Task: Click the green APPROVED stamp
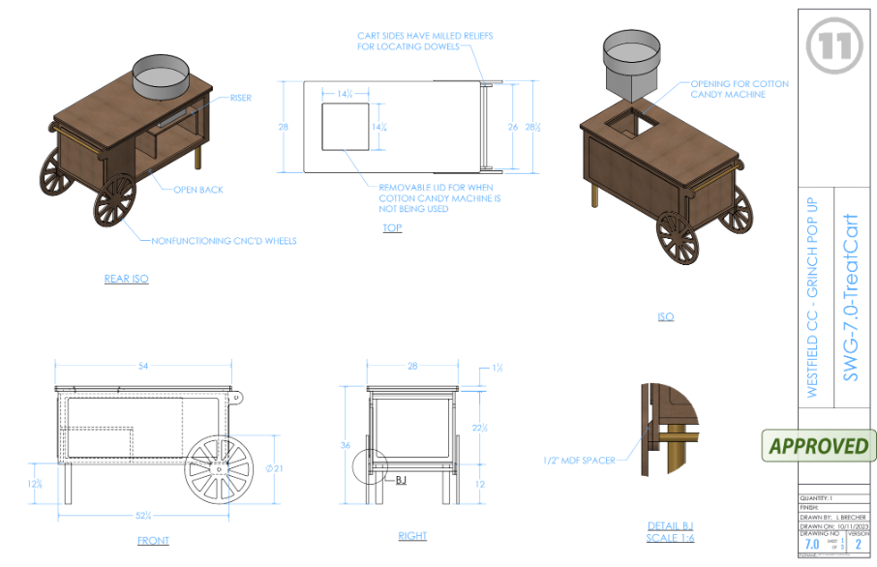pos(818,446)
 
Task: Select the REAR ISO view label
pos(127,279)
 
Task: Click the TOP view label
pos(392,228)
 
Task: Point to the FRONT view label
pos(153,541)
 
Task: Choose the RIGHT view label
pos(412,536)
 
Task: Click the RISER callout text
pos(240,98)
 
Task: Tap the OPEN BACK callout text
pos(198,190)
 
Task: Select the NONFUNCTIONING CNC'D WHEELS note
pos(224,241)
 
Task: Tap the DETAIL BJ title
pos(670,526)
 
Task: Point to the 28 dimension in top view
pos(284,127)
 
